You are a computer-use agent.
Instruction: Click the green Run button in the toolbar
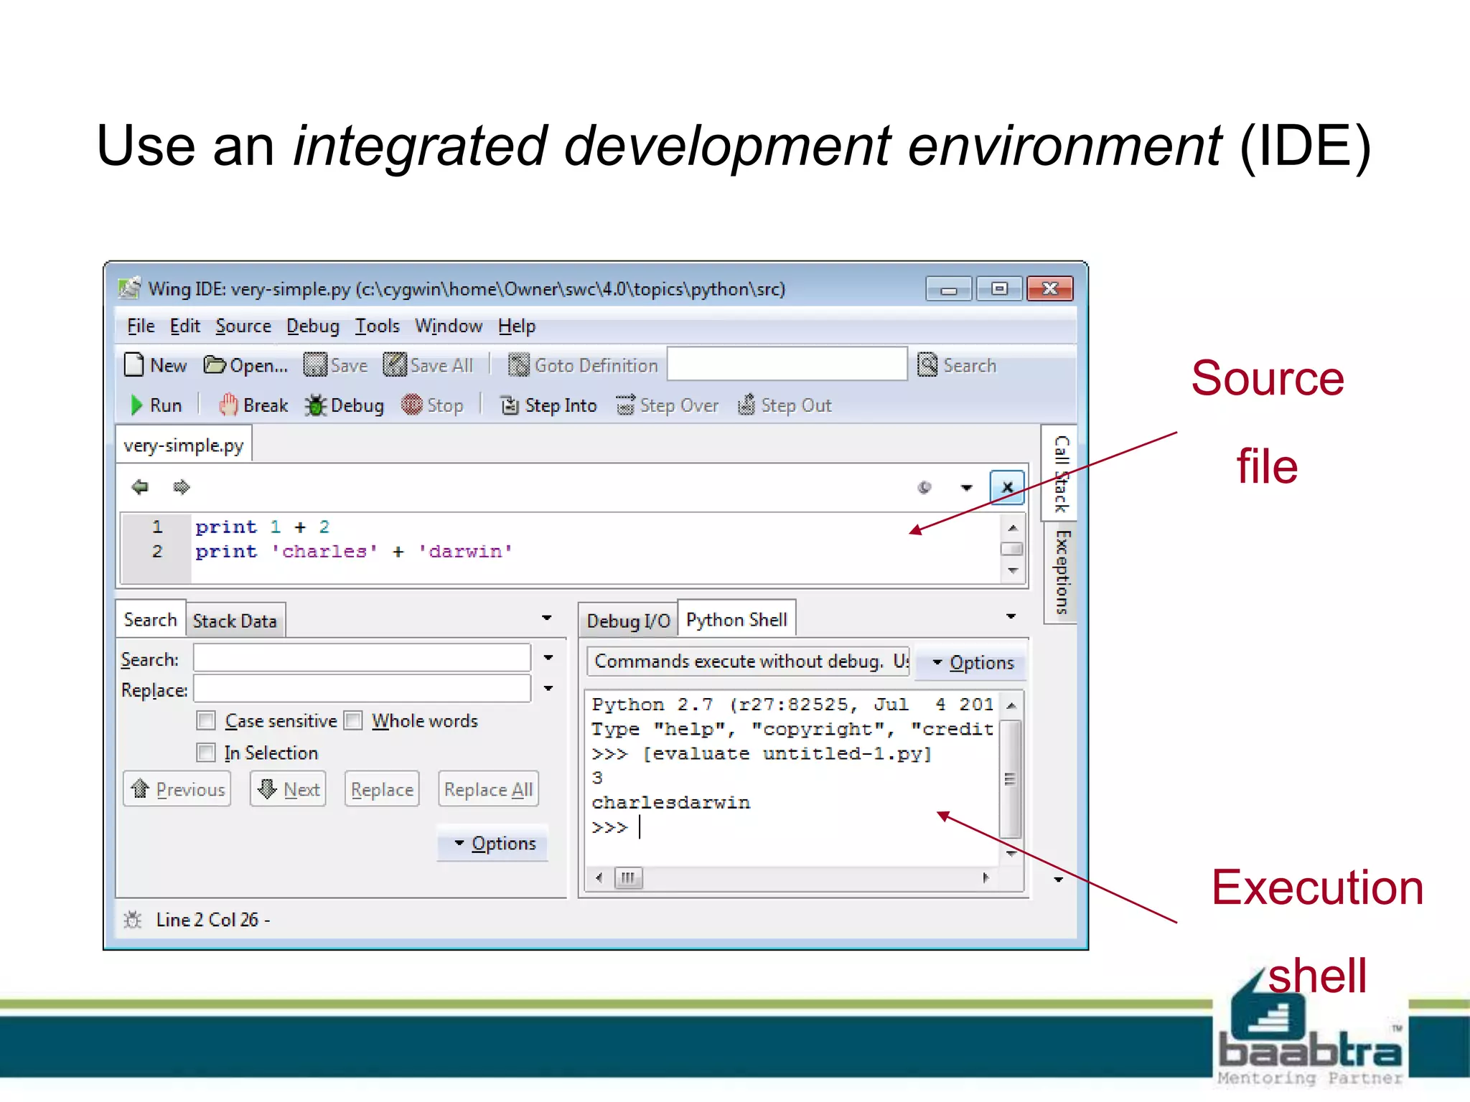pos(156,405)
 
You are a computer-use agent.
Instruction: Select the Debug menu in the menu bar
pos(312,326)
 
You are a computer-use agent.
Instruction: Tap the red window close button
pos(1049,289)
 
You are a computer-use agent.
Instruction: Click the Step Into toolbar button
pos(549,405)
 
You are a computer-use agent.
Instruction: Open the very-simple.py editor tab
pos(184,446)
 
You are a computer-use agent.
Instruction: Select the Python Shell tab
pos(736,620)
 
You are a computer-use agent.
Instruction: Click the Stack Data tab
pos(235,621)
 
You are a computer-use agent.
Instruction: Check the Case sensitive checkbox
pos(207,720)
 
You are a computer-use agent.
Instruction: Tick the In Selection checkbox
pos(207,753)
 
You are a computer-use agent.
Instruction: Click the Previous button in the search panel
pos(177,789)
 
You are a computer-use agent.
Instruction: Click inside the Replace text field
pos(362,689)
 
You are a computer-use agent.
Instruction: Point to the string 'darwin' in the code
pos(465,552)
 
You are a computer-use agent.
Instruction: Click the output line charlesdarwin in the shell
pos(670,802)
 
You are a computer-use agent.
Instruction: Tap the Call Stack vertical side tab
pos(1061,474)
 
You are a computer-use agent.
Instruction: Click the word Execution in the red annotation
pos(1317,888)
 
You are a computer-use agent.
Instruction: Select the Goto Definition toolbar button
pos(583,366)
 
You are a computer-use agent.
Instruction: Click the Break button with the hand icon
pos(253,405)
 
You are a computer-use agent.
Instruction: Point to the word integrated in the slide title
pos(422,146)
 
